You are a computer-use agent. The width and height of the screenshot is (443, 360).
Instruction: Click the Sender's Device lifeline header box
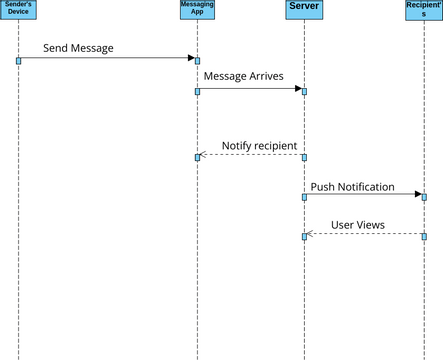(x=18, y=11)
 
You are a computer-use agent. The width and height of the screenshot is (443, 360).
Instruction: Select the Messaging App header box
(x=197, y=11)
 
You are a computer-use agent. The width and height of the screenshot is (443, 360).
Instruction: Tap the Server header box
(x=304, y=9)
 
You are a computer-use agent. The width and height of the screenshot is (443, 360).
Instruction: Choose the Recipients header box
(x=424, y=11)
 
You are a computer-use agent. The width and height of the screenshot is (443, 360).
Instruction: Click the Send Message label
(x=78, y=48)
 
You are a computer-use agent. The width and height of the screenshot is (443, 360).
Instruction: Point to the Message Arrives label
(x=243, y=75)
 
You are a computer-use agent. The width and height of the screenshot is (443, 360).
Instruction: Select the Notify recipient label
(x=259, y=145)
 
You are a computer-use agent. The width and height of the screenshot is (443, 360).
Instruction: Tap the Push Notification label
(x=352, y=186)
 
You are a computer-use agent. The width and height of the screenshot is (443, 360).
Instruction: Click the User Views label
(x=357, y=225)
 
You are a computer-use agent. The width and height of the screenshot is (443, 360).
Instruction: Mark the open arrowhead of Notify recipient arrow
(x=203, y=154)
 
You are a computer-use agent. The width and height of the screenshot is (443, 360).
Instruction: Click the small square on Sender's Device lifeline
(x=18, y=61)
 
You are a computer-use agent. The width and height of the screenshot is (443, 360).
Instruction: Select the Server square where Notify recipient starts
(x=304, y=157)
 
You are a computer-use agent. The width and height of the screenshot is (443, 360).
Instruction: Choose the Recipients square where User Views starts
(x=424, y=237)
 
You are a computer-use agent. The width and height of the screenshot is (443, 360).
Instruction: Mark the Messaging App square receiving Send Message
(x=197, y=61)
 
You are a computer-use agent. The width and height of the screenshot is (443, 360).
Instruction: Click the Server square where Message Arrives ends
(x=304, y=91)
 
